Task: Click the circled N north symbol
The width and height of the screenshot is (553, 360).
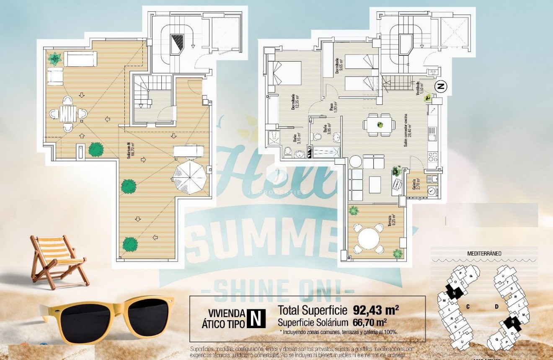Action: point(441,87)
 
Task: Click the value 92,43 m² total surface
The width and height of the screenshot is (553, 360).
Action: point(376,311)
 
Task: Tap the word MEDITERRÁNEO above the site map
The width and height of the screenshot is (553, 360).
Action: point(484,253)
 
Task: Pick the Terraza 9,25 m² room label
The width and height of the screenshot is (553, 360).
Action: point(391,221)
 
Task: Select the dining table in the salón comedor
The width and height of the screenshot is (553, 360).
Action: point(380,125)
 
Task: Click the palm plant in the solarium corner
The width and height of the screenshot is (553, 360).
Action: point(54,59)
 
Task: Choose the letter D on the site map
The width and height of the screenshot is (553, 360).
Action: point(496,306)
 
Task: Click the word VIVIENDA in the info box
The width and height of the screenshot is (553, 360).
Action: point(226,313)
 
